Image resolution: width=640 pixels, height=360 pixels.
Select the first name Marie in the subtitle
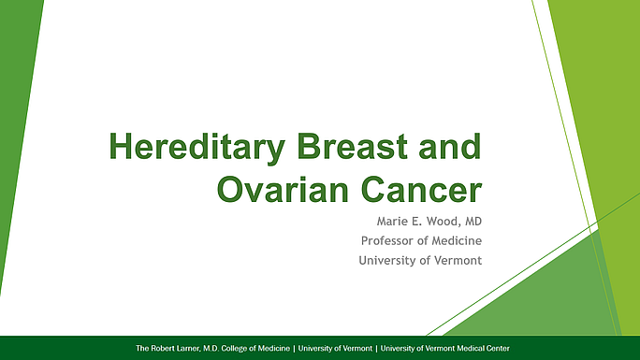(382, 222)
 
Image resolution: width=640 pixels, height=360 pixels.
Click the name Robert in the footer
(167, 348)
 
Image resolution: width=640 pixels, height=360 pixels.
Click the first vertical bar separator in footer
(294, 348)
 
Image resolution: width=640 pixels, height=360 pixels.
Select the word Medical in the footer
(466, 348)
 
